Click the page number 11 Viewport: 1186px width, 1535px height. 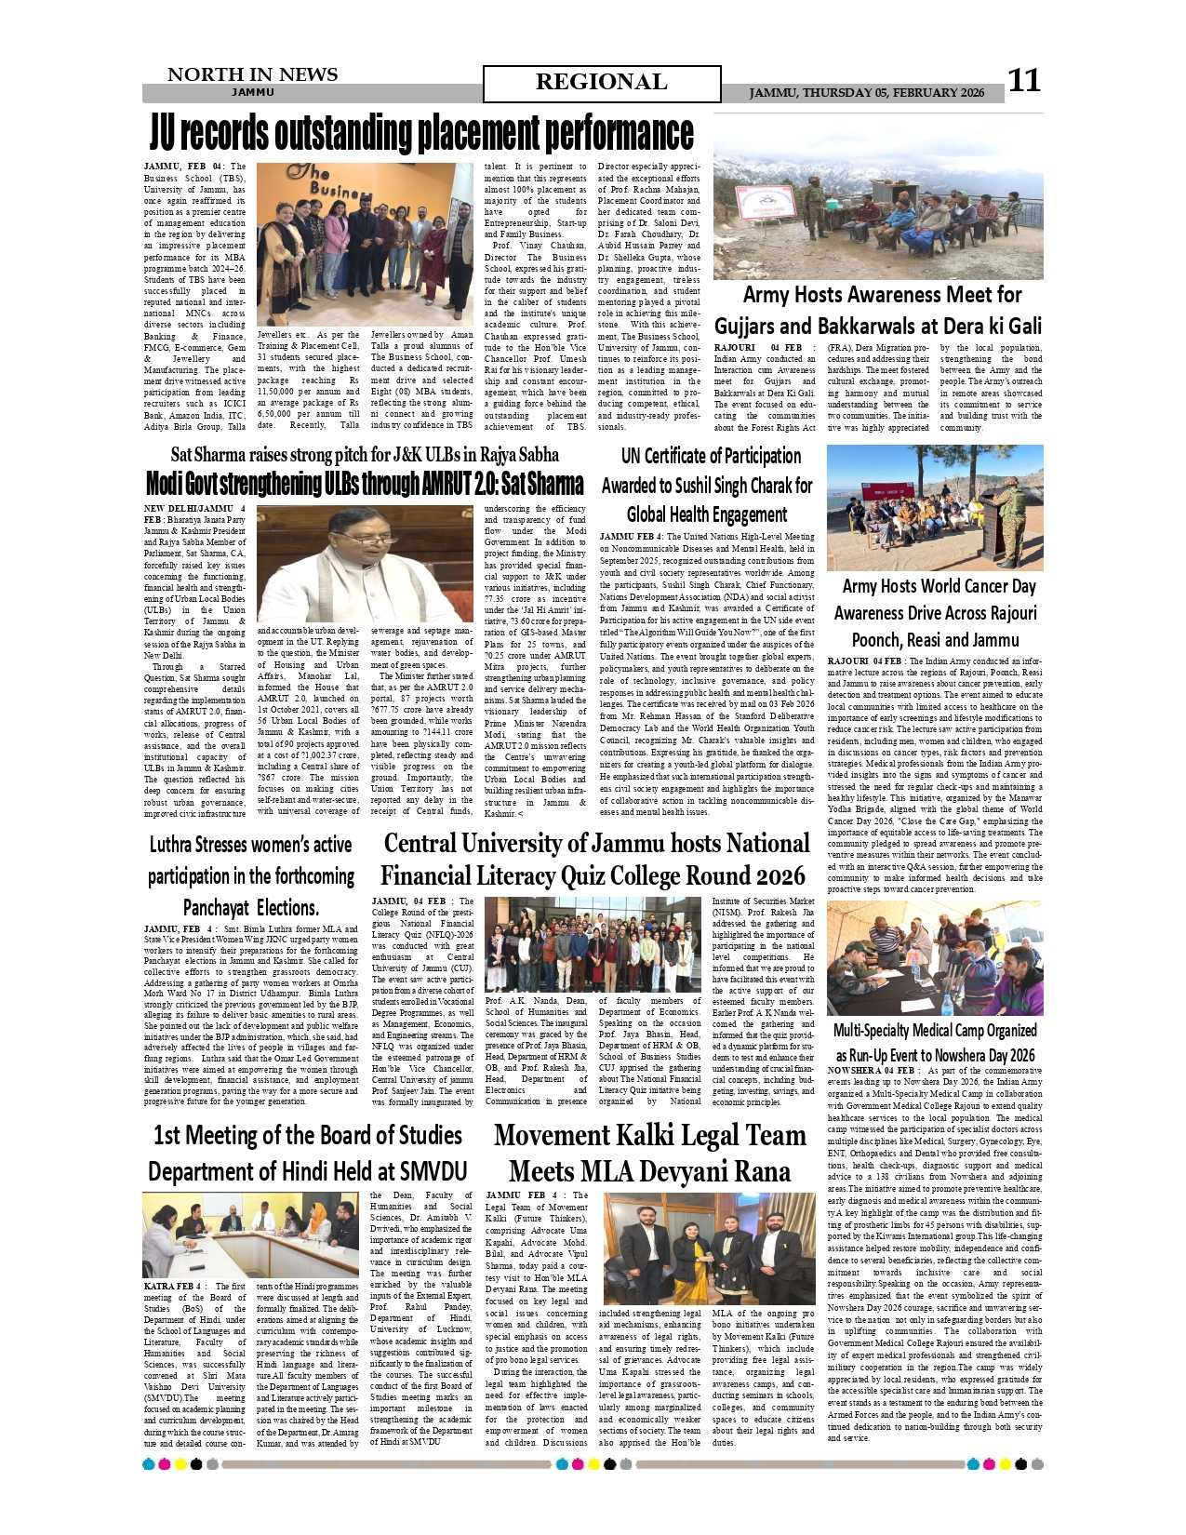[x=1024, y=81]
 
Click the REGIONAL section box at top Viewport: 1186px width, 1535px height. [x=601, y=83]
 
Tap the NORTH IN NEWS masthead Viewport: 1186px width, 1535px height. [x=251, y=75]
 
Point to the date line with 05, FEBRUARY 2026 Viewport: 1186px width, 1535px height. [x=866, y=93]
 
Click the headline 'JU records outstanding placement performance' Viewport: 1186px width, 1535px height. [x=421, y=134]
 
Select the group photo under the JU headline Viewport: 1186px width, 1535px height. [x=365, y=244]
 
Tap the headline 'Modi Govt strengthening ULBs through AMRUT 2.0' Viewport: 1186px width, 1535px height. [x=365, y=484]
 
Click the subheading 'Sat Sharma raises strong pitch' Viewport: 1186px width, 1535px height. [x=365, y=455]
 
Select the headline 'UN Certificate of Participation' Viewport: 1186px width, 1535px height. [x=711, y=456]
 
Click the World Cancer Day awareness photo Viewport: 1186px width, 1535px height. [x=934, y=508]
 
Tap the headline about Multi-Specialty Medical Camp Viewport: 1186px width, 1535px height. [x=934, y=1042]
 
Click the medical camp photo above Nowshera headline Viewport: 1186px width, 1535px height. [x=934, y=958]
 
